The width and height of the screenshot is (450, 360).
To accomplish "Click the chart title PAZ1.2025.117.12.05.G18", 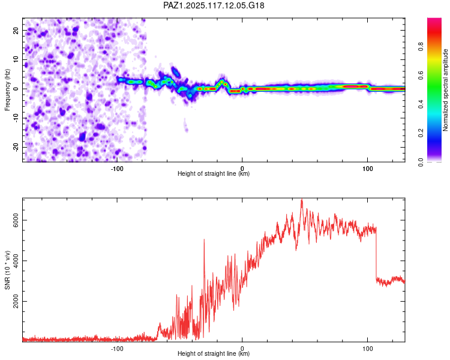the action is click(x=214, y=5).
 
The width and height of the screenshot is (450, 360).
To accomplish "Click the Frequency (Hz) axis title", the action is click(x=7, y=90).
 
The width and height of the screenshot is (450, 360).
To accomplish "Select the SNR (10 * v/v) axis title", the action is click(x=7, y=270).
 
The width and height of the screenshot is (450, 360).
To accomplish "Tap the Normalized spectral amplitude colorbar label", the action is click(x=445, y=90).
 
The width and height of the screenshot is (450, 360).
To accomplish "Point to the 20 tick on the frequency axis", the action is click(x=16, y=30).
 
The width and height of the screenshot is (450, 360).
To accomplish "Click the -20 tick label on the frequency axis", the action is click(x=16, y=148).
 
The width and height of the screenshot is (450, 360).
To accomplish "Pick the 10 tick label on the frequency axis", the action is click(x=16, y=59).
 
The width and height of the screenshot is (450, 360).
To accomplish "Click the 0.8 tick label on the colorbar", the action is click(x=421, y=46).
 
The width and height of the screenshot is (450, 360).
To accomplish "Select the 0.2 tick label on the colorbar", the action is click(x=421, y=133).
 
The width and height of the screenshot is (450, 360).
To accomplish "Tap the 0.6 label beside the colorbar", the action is click(x=421, y=75).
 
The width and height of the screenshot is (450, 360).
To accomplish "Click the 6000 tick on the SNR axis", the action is click(x=16, y=220).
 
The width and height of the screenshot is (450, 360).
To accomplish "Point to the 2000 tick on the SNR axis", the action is click(x=16, y=301).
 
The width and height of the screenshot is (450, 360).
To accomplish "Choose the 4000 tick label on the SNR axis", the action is click(x=16, y=260).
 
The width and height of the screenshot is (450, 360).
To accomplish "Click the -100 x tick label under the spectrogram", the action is click(x=117, y=169).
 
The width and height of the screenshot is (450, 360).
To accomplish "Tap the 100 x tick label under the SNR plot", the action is click(x=368, y=349).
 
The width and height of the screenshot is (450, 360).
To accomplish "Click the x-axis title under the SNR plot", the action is click(x=214, y=353).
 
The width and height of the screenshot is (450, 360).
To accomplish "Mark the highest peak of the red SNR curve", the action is click(x=302, y=199).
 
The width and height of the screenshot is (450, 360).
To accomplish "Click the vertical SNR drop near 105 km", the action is click(x=376, y=253).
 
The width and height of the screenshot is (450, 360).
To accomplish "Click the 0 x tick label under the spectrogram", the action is click(x=242, y=169).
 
